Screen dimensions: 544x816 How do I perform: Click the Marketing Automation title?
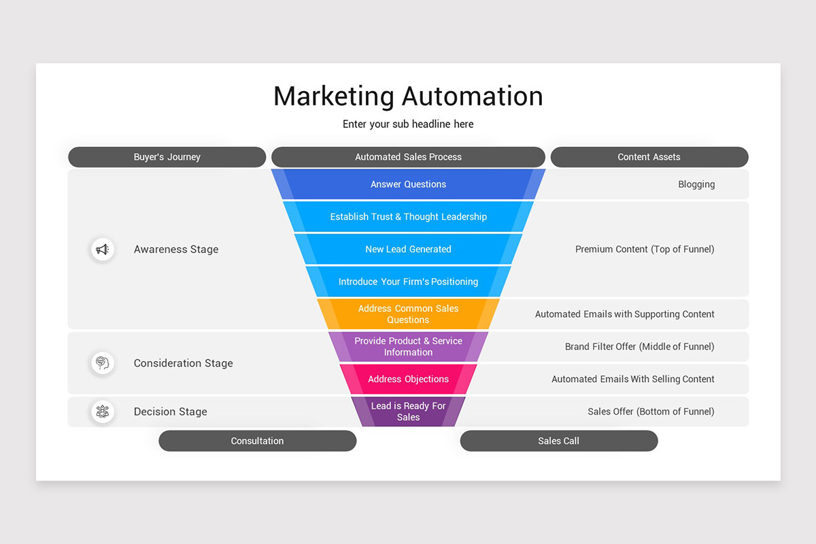tap(408, 96)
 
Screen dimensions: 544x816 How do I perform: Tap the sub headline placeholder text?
tap(408, 124)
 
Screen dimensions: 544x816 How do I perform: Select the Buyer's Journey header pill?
tap(167, 157)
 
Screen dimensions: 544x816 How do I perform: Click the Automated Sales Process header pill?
tap(408, 157)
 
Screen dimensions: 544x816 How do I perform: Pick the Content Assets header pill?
tap(649, 157)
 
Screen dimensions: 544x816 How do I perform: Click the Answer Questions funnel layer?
tap(408, 184)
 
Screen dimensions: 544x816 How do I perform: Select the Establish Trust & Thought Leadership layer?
tap(408, 217)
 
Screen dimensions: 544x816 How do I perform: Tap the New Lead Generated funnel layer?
tap(408, 250)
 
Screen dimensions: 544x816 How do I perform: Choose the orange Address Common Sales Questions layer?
tap(408, 314)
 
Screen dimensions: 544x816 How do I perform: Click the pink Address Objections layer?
tap(408, 379)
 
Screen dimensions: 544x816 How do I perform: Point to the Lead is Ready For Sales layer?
tap(408, 411)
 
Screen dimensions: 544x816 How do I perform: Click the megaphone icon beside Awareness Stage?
tap(103, 250)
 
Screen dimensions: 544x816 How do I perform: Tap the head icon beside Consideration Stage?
tap(103, 362)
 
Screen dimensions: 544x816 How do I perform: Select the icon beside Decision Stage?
tap(103, 411)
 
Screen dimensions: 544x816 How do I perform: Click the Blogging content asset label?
tap(696, 184)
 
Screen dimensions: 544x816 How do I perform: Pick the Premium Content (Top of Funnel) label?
tap(645, 250)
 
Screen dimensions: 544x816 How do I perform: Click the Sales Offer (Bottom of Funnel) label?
tap(651, 411)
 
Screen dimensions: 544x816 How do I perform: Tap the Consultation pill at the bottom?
tap(257, 441)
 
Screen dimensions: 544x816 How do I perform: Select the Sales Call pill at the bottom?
tap(558, 441)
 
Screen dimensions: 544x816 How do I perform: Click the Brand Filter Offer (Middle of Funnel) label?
tap(639, 347)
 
